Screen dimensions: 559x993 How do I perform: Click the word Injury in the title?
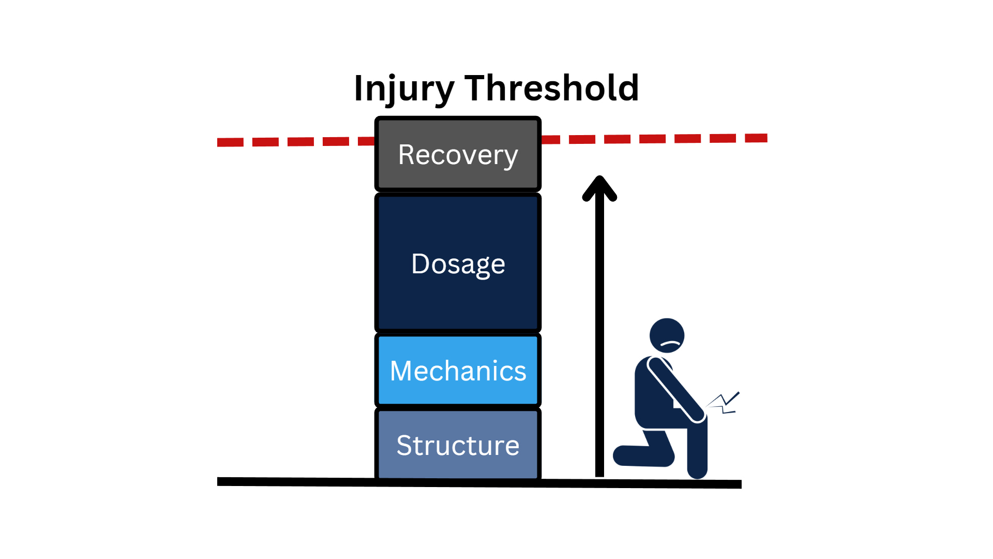pyautogui.click(x=403, y=89)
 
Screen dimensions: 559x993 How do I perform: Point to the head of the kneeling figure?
pyautogui.click(x=667, y=329)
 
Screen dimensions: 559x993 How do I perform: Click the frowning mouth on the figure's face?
pyautogui.click(x=670, y=344)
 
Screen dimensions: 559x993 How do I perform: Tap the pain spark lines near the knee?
pyautogui.click(x=724, y=403)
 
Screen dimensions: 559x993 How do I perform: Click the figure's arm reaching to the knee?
pyautogui.click(x=675, y=388)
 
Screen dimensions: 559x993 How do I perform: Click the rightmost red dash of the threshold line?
pyautogui.click(x=756, y=138)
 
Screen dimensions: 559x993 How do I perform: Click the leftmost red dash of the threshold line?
pyautogui.click(x=230, y=142)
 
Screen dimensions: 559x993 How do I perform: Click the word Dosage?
pyautogui.click(x=458, y=264)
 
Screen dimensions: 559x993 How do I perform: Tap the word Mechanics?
pyautogui.click(x=458, y=371)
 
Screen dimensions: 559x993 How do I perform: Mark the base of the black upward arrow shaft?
pyautogui.click(x=599, y=472)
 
